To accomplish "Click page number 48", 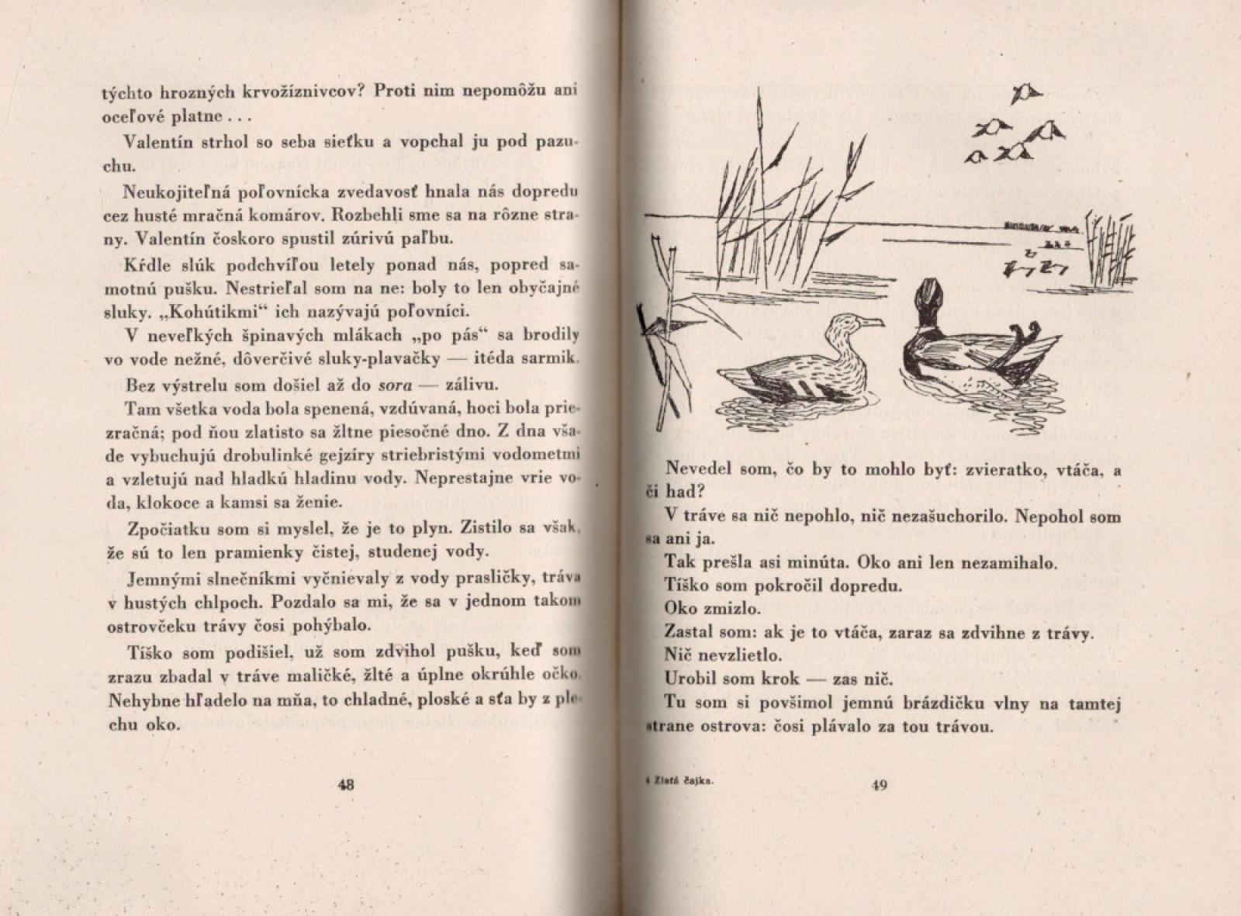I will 346,784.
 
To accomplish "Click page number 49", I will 880,785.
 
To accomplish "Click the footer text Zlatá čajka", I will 682,784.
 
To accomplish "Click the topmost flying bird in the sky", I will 1025,93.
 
